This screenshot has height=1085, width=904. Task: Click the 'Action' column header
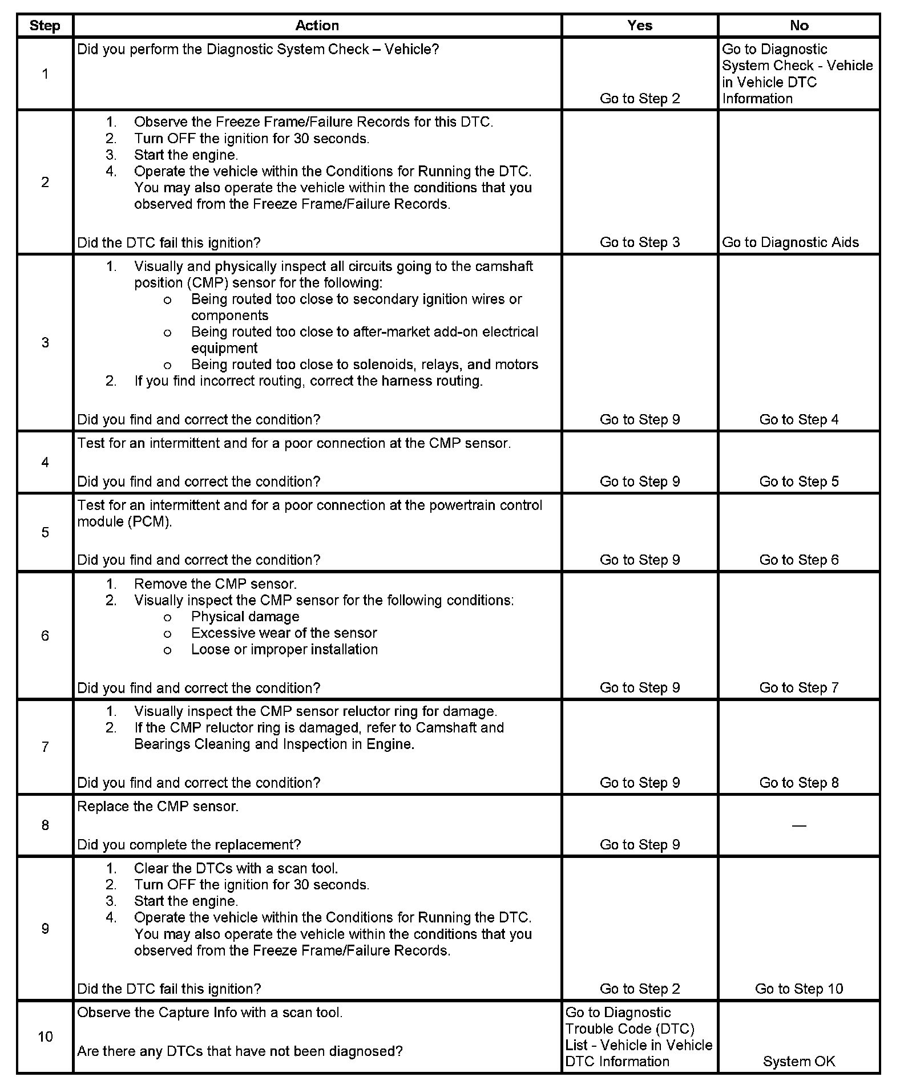point(317,26)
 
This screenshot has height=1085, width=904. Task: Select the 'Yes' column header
point(639,26)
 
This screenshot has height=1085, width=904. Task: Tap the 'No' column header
point(799,26)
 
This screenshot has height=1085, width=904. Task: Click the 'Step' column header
point(45,26)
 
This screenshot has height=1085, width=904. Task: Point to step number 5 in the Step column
point(45,532)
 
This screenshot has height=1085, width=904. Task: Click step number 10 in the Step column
point(45,1036)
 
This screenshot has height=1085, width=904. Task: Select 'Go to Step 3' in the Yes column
point(640,242)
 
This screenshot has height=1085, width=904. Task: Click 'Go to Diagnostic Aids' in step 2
point(790,242)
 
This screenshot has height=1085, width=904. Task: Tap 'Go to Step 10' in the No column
point(799,989)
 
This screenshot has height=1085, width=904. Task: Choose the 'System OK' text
point(799,1061)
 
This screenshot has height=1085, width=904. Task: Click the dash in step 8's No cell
point(799,825)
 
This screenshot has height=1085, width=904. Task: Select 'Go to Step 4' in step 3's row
point(799,420)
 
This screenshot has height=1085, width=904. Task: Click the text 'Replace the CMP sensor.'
point(158,807)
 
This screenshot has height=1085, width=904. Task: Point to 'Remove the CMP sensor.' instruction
point(215,584)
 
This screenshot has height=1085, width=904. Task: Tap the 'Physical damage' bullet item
point(245,617)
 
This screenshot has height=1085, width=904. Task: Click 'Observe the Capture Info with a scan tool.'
point(210,1013)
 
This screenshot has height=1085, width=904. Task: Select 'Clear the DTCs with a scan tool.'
point(236,868)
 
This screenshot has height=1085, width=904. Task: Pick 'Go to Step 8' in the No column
point(799,783)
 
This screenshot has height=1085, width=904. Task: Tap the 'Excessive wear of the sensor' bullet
point(284,633)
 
